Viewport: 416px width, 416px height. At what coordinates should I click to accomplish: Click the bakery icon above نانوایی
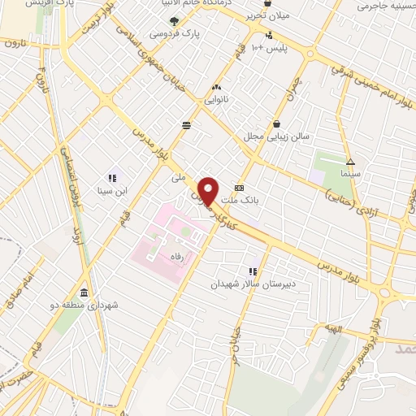point(216,86)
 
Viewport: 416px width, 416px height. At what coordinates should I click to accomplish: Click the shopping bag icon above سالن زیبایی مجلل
point(278,123)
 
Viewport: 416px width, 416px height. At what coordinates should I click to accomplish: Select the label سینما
point(350,174)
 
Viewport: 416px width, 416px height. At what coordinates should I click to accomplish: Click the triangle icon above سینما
point(350,161)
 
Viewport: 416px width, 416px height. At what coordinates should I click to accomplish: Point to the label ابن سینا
point(111,192)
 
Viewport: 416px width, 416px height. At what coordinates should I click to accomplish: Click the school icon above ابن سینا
point(111,178)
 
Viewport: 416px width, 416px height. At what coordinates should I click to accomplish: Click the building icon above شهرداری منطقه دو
point(84,292)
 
